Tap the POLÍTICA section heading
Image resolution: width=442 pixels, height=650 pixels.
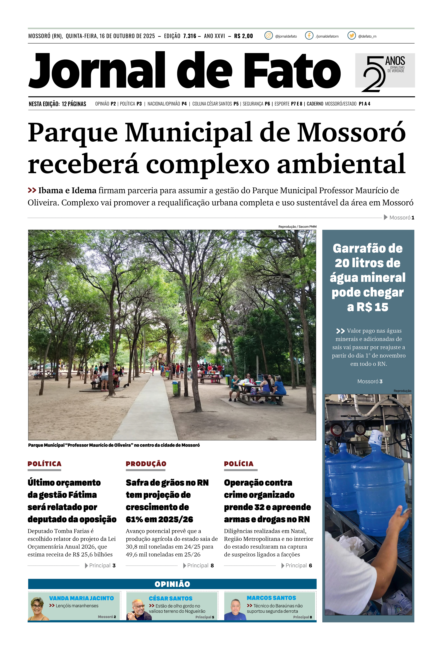point(44,464)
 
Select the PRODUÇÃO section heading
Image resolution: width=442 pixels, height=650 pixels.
point(146,464)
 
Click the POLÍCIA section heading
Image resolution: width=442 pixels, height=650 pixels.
point(239,464)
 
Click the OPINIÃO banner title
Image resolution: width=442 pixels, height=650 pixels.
point(172,584)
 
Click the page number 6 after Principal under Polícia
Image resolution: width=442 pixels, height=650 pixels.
point(310,566)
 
